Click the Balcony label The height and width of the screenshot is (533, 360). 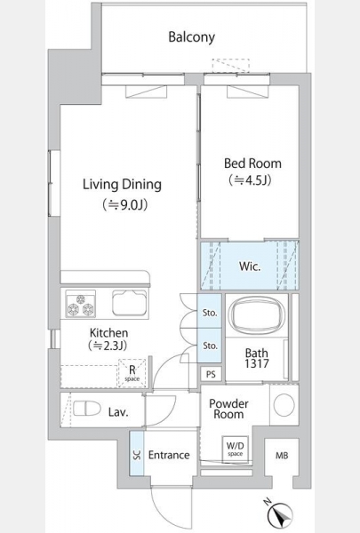point(192,37)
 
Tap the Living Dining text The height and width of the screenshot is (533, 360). point(122,184)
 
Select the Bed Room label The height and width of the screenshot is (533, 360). point(252,163)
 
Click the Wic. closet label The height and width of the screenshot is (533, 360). point(250,266)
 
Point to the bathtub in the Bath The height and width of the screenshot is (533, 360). point(257,314)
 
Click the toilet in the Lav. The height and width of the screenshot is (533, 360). point(87,409)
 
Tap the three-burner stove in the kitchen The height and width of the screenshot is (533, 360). point(81,304)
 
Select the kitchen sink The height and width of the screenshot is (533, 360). point(130,303)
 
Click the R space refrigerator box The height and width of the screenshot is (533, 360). point(132,373)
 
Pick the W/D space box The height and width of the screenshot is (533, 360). point(236,449)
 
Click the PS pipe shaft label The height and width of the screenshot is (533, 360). point(211,374)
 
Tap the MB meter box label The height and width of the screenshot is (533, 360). point(282,456)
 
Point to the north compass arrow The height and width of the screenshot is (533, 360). point(281,516)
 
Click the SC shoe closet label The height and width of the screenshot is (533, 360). point(137,455)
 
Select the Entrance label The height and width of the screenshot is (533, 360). point(169,455)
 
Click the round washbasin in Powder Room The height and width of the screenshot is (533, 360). point(284,405)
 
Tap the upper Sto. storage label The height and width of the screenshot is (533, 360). point(210,313)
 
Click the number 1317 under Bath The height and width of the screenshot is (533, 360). point(257,363)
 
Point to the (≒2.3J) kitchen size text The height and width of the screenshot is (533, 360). point(108,346)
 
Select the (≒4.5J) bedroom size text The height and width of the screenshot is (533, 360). point(251,180)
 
